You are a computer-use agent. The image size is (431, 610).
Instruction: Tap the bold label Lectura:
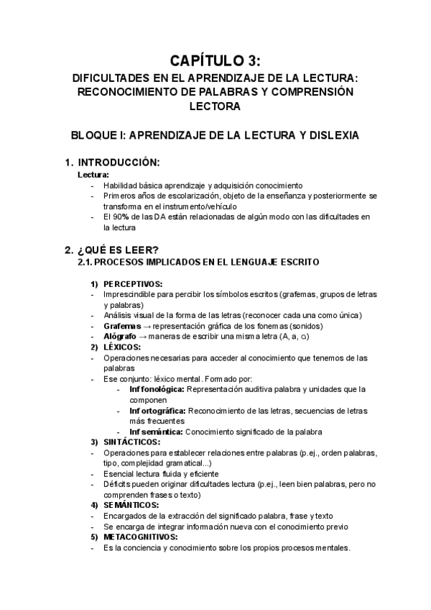coord(93,175)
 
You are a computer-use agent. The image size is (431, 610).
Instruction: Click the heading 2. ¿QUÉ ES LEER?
coord(111,250)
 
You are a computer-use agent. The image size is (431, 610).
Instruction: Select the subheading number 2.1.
coord(85,263)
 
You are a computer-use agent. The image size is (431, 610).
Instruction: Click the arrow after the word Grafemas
coord(146,326)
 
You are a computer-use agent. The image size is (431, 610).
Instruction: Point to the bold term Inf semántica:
coord(156,432)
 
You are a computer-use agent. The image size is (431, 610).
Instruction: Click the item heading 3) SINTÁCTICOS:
coord(127,442)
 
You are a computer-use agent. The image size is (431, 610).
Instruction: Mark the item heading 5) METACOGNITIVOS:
coord(136,537)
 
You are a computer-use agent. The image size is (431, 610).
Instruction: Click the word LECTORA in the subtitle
coord(215,106)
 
